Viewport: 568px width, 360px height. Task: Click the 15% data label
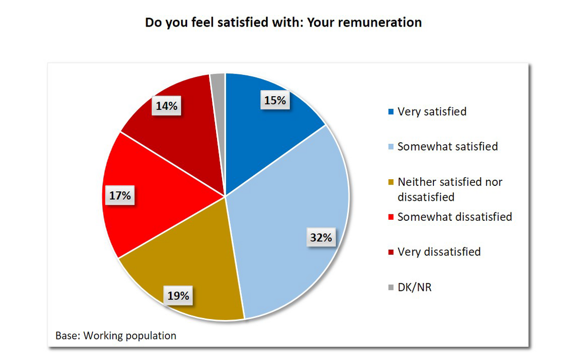pos(275,100)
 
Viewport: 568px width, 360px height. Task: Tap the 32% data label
pos(321,237)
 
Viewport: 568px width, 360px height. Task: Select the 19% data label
pos(178,295)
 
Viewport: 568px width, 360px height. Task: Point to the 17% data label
pos(120,195)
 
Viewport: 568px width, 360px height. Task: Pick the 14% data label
pos(167,106)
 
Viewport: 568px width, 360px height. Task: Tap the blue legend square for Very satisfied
pos(391,112)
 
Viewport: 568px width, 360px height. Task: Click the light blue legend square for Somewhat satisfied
pos(391,147)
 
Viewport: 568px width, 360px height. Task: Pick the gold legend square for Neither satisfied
pos(391,182)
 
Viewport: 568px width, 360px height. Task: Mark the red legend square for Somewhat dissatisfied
pos(391,217)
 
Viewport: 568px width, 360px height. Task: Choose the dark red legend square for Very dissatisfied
pos(391,252)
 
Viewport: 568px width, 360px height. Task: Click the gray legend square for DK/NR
pos(391,288)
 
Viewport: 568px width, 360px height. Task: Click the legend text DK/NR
pos(414,287)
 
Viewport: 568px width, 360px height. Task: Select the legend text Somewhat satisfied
pos(448,146)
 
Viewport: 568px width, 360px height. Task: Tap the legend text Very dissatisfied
pos(439,252)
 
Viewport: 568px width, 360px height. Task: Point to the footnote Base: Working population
pos(116,336)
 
